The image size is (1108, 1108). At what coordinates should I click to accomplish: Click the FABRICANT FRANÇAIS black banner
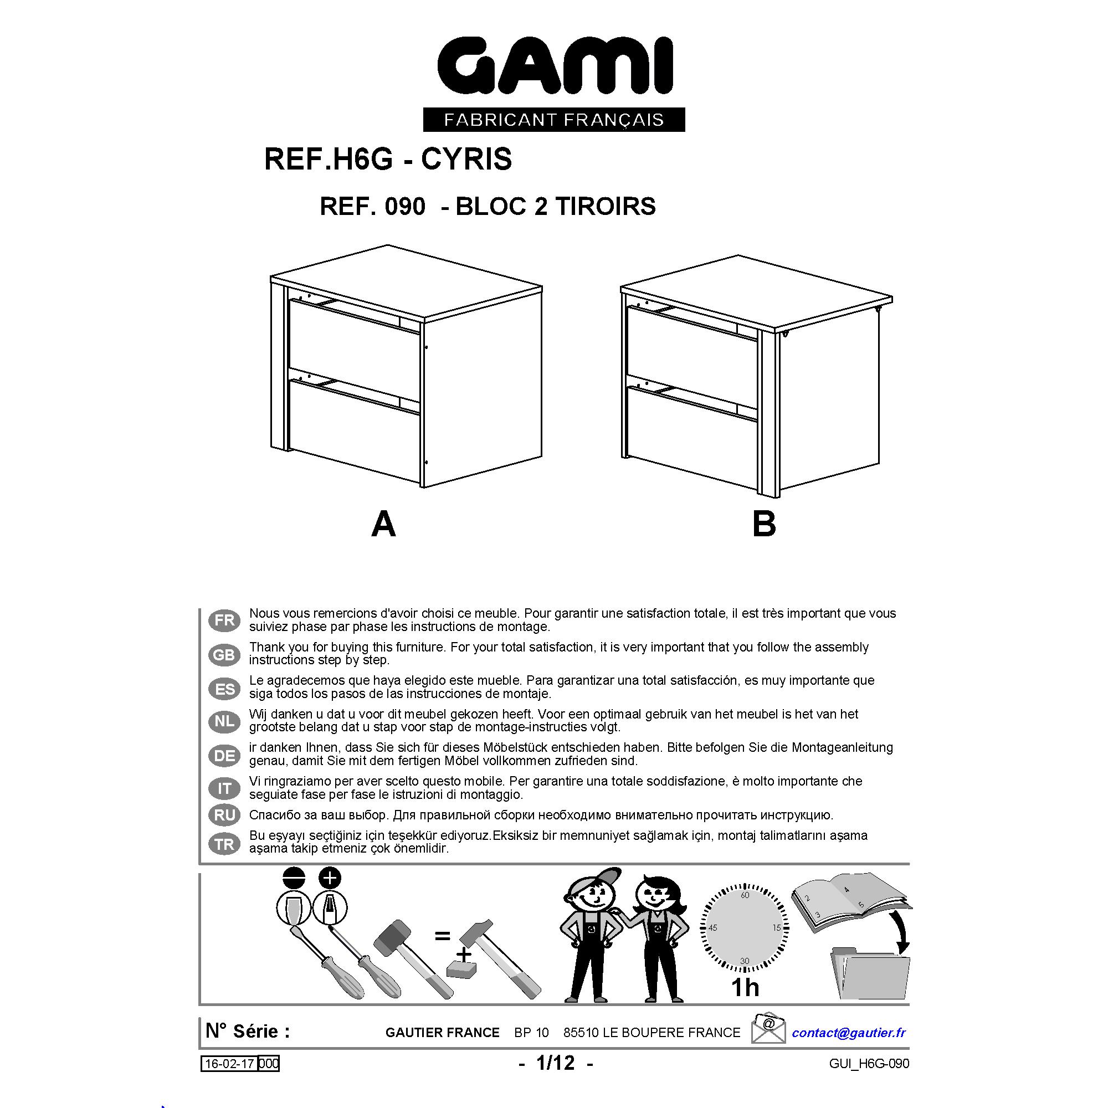(x=554, y=119)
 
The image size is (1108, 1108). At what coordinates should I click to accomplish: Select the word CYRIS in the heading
(x=466, y=159)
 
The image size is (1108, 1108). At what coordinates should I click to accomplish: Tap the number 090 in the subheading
(x=406, y=207)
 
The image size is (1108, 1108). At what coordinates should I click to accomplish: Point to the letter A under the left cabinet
(x=384, y=524)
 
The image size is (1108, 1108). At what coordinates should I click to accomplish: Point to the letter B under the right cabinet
(x=764, y=524)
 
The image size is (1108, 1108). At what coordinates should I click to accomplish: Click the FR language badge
(x=224, y=620)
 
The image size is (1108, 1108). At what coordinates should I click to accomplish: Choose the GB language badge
(x=224, y=655)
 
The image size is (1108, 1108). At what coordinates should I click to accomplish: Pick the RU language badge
(x=224, y=815)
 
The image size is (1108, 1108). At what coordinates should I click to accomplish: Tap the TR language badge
(x=224, y=844)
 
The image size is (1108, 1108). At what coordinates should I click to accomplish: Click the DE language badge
(x=224, y=756)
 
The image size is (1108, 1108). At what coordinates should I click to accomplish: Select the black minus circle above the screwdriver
(x=294, y=878)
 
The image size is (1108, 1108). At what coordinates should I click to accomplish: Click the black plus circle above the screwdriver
(x=329, y=878)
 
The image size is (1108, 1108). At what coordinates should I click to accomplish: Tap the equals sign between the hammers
(x=442, y=936)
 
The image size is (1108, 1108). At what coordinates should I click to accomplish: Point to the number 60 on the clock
(x=745, y=895)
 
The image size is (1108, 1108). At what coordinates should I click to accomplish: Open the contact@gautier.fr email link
(x=849, y=1033)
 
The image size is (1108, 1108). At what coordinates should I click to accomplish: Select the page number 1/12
(x=555, y=1063)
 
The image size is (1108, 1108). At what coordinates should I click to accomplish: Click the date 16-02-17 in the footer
(x=229, y=1064)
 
